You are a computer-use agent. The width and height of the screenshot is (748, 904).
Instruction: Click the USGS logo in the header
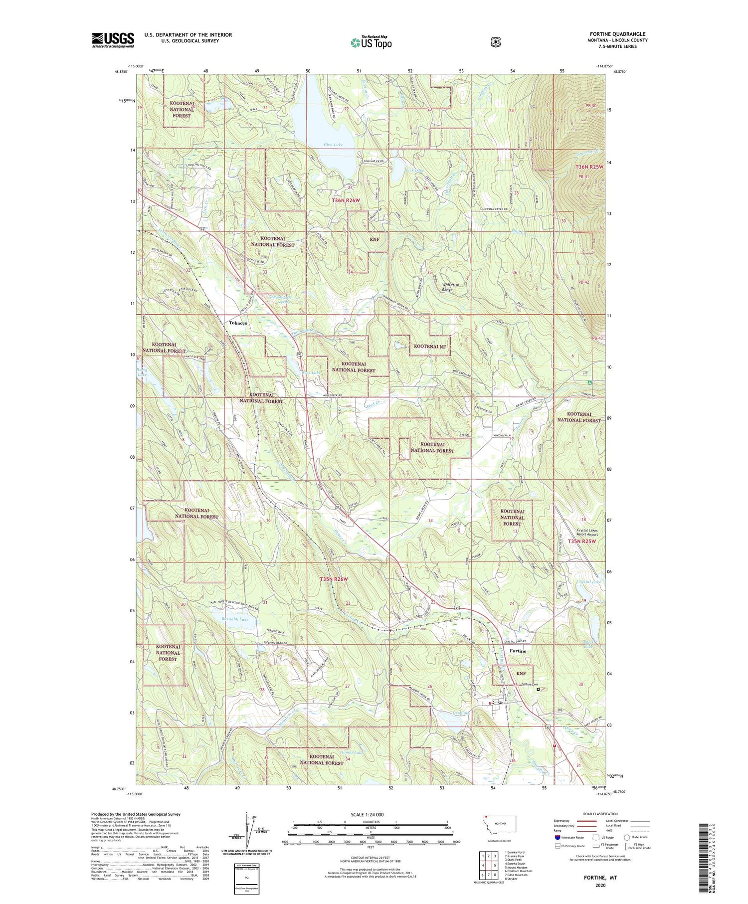point(113,40)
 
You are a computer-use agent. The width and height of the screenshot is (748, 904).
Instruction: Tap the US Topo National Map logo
point(371,42)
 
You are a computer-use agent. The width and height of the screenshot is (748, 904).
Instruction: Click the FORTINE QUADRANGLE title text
point(617,34)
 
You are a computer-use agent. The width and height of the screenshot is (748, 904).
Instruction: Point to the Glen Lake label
point(333,145)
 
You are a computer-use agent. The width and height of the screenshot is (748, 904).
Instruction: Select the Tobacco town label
point(238,323)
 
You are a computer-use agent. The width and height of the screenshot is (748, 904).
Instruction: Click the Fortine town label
point(518,651)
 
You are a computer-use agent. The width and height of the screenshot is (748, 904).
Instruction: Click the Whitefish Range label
point(450,287)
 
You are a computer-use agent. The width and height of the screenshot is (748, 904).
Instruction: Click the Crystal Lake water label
point(588,581)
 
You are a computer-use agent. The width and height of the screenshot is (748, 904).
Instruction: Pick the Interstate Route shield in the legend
point(558,837)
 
